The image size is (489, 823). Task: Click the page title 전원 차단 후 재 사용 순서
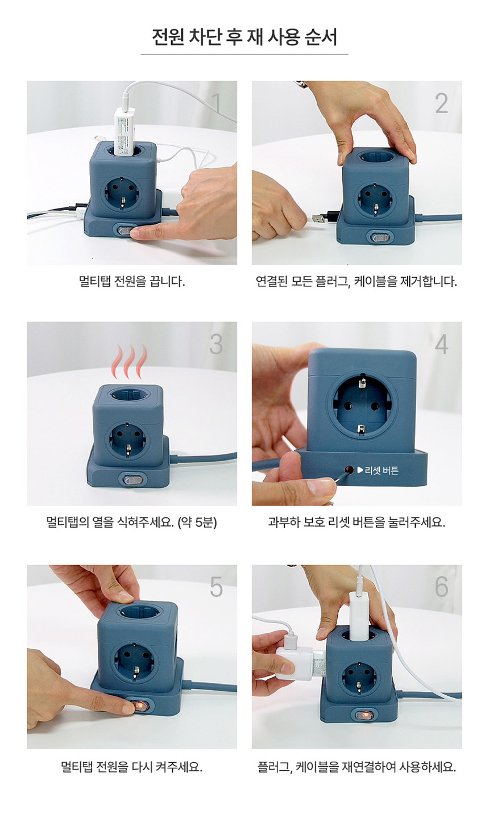coord(244,37)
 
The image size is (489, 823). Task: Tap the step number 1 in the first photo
coord(217,103)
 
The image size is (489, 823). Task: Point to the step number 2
coord(442,103)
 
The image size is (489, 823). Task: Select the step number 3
coord(216,344)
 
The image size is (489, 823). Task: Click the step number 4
coord(442,344)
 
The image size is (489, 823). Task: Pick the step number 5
coord(216,587)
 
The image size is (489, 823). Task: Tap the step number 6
coord(442,587)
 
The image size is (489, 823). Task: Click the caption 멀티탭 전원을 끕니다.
coord(132,282)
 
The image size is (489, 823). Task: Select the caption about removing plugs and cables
coord(356,282)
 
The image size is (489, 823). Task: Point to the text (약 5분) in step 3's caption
coord(197,522)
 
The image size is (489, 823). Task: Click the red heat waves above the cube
coord(129,362)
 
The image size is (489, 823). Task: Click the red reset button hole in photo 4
coord(349,470)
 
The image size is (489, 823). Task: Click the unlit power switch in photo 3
coord(132,480)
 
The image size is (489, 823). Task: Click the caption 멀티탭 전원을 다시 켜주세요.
coord(132,767)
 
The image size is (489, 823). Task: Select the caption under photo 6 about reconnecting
coord(356,767)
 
